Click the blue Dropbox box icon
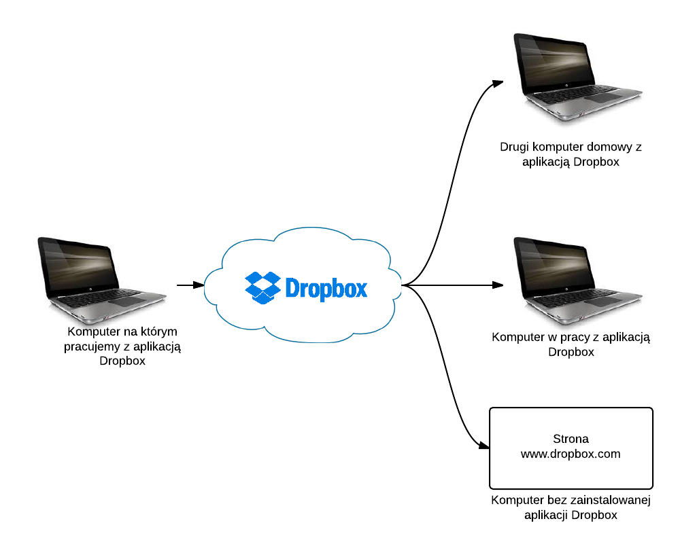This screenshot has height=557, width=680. (x=262, y=287)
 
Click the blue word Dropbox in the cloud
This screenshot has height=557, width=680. (x=326, y=288)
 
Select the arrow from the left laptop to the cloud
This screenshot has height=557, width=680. (x=190, y=285)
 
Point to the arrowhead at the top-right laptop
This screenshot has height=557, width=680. (x=499, y=82)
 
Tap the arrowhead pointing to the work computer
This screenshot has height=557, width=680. (x=499, y=285)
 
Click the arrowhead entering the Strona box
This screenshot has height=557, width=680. (x=484, y=448)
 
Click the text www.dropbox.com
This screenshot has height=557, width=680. (x=571, y=454)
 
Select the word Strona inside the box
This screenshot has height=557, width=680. (x=571, y=439)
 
